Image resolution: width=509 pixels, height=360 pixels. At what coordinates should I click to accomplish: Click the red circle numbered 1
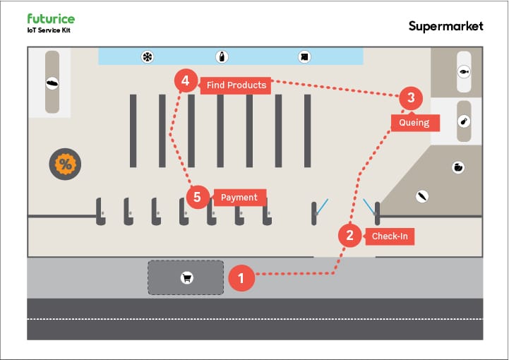pos(241,277)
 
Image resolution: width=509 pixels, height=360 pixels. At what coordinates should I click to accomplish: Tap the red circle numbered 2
pos(349,235)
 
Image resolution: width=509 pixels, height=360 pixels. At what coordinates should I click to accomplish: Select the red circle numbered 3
pos(411,97)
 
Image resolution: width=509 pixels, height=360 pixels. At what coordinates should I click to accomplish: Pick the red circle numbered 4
pos(185,82)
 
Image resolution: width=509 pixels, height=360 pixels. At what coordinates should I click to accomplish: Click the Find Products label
pos(236,85)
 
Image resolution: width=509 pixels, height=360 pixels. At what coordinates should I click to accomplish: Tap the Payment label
pos(239,198)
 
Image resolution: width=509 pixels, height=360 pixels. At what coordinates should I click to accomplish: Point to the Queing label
pos(414,123)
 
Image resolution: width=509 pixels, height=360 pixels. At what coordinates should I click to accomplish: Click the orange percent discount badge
pos(66,164)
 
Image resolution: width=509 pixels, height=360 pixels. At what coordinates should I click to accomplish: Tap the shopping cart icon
pos(187,277)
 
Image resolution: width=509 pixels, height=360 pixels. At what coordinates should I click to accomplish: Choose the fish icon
pos(464,71)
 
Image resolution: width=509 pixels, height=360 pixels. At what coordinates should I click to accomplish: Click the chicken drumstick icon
pos(464,121)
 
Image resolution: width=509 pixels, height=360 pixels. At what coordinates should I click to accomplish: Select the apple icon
pos(458,167)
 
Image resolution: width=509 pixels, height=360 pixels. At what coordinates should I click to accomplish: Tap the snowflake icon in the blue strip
pos(148,56)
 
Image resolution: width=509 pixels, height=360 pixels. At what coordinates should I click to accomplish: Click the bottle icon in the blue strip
pos(222,56)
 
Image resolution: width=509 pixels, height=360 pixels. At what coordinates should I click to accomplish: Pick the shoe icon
pos(52,83)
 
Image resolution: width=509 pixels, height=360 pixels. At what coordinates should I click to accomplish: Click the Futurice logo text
pos(50,19)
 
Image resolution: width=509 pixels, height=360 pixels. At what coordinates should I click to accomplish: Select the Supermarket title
pos(445,26)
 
